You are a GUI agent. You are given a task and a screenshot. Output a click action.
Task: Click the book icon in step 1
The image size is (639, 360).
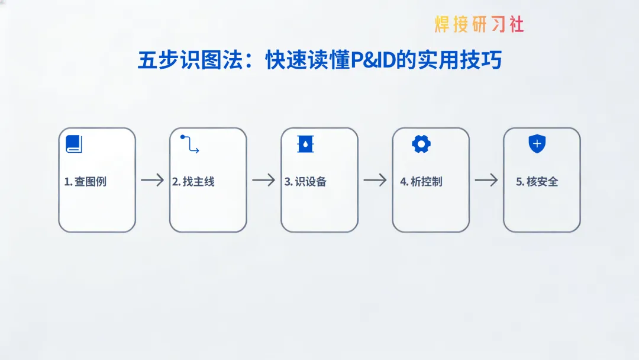click(73, 144)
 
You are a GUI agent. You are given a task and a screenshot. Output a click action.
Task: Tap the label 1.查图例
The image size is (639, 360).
click(85, 182)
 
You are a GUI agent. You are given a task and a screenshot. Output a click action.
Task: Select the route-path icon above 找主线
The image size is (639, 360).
click(189, 144)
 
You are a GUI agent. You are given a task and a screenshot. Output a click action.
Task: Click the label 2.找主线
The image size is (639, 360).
click(193, 182)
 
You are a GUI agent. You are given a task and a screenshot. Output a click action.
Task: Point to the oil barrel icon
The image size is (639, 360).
click(305, 144)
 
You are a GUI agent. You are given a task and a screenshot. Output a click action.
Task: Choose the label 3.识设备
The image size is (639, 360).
click(305, 182)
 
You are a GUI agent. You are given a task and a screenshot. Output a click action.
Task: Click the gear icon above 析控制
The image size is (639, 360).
click(421, 144)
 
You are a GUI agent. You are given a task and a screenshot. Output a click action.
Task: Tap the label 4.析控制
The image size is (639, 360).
click(421, 182)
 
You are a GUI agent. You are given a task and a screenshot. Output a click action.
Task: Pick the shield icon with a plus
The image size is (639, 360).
click(537, 144)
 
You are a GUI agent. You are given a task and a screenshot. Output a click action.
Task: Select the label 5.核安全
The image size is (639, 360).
click(537, 182)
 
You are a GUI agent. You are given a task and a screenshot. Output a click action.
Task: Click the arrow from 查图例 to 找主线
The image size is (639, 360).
click(152, 180)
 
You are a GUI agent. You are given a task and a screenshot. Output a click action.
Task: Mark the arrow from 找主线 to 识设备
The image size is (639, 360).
click(263, 180)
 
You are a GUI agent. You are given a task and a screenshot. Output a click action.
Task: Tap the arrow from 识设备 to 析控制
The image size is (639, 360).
click(375, 180)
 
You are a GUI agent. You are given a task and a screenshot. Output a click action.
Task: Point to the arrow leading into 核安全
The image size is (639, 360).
click(486, 180)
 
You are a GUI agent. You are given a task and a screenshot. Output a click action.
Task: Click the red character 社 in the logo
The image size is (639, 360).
click(515, 24)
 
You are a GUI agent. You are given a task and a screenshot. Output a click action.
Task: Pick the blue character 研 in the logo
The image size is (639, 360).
click(479, 24)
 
